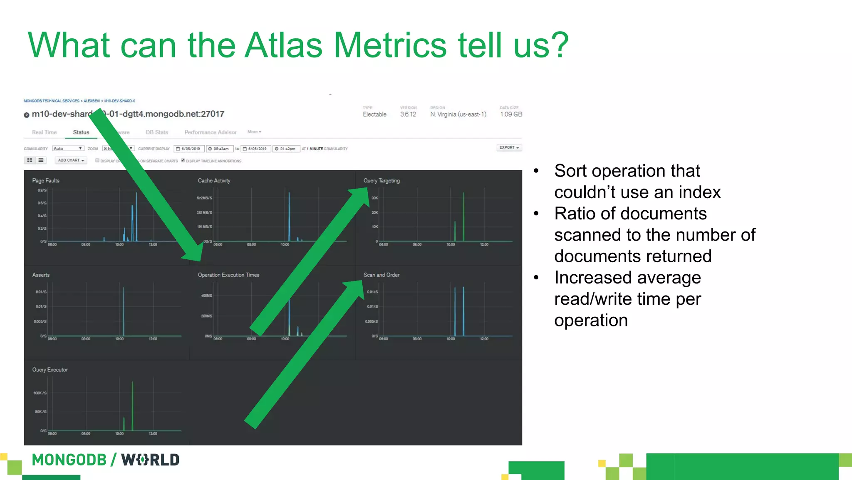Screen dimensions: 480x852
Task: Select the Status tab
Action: pos(81,132)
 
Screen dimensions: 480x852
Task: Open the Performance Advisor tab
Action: pos(210,132)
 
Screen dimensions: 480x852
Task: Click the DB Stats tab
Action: pos(157,132)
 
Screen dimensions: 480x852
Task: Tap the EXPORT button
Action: pos(509,148)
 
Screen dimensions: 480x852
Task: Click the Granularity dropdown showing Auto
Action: pos(68,149)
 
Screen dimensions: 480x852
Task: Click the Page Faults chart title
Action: pos(46,181)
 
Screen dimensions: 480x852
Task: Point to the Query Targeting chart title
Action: pos(381,181)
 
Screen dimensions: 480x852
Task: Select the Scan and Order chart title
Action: pos(381,275)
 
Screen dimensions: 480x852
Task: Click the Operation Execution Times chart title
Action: pos(228,275)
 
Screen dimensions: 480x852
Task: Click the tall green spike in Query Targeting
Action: pos(463,216)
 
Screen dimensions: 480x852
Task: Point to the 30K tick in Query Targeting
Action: pos(374,198)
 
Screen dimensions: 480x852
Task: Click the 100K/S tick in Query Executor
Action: pos(40,393)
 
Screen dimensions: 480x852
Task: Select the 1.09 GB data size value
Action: pos(511,114)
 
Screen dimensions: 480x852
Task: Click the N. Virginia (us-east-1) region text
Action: pos(458,114)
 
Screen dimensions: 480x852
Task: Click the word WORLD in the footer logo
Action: pos(150,460)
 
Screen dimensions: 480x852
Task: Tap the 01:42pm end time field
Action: pos(287,149)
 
